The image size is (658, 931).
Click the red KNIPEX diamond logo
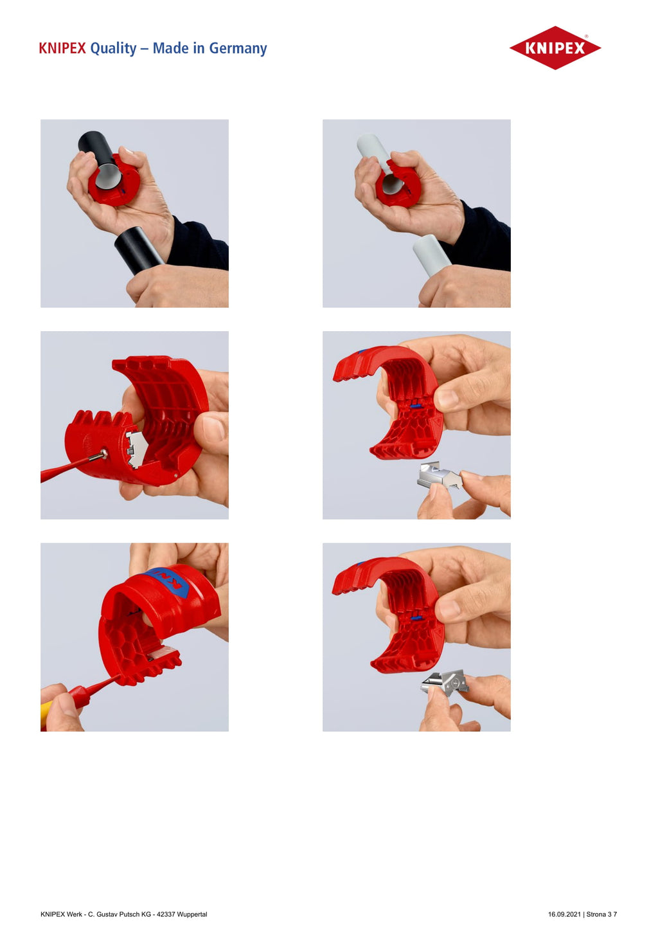[555, 48]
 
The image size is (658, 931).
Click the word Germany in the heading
[238, 49]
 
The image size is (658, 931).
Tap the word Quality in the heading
[113, 49]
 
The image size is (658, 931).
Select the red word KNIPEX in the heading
[62, 48]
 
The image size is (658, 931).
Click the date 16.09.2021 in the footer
[564, 914]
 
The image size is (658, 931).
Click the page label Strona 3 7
[601, 914]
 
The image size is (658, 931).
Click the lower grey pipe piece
[432, 255]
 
